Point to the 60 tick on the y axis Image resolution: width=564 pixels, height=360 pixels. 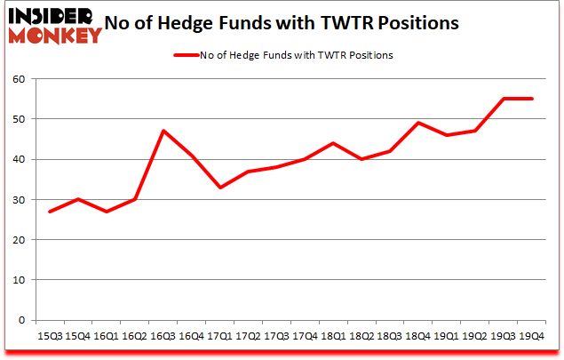tap(19, 79)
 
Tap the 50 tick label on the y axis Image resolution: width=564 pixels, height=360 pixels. tap(19, 119)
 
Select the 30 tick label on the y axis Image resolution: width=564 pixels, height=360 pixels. tap(19, 200)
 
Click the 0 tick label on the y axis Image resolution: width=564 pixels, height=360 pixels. tap(22, 320)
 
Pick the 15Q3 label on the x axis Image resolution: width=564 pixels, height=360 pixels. tap(50, 337)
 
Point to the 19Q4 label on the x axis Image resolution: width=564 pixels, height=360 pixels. tap(532, 337)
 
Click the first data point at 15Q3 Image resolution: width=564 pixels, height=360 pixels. tap(50, 212)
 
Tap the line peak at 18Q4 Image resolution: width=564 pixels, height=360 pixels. tap(417, 123)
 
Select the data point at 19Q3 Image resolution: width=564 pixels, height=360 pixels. tap(504, 99)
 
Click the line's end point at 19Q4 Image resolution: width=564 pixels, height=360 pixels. tap(532, 99)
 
